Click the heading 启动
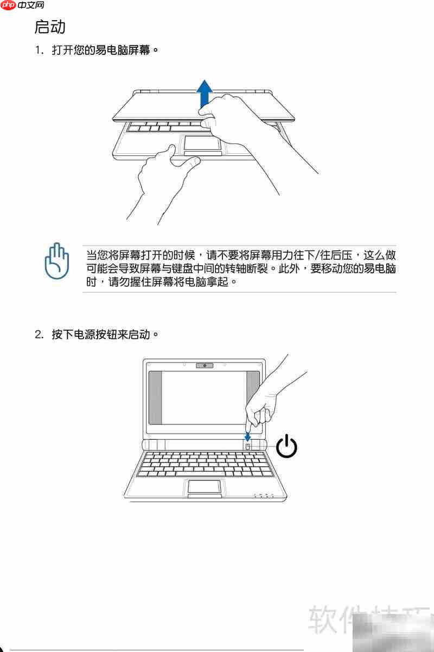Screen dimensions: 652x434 click(50, 26)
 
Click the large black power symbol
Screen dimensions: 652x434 click(287, 446)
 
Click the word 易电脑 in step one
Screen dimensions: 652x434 click(119, 50)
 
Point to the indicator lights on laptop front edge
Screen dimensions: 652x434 click(264, 495)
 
